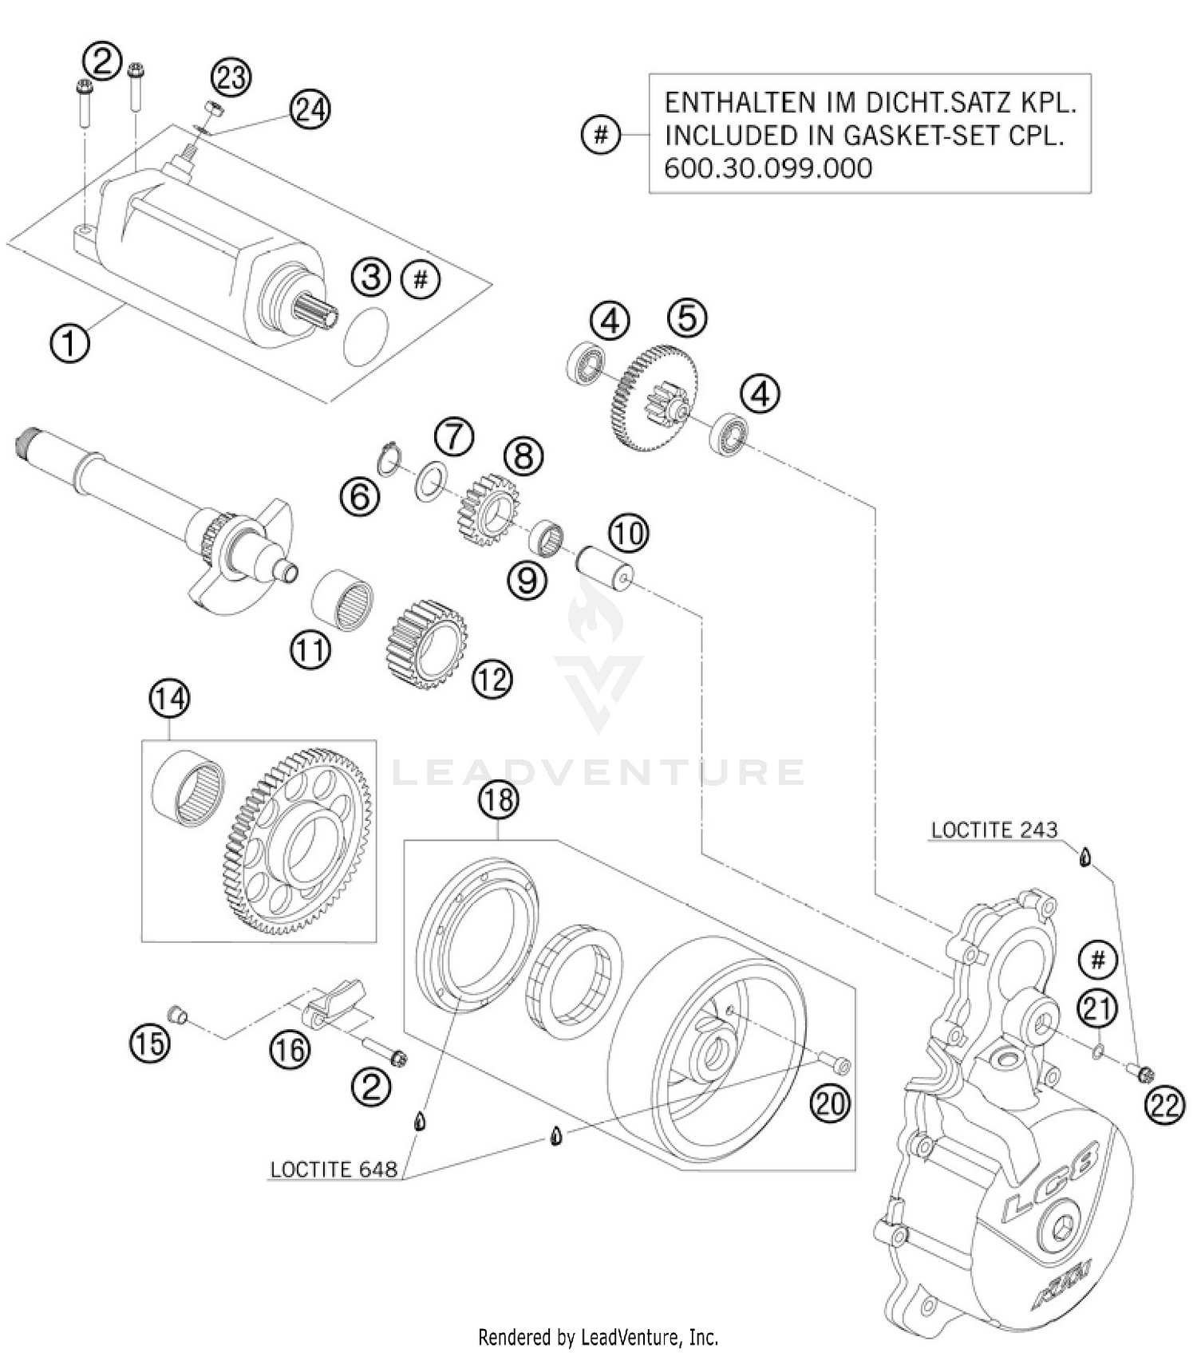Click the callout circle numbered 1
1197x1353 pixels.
point(70,344)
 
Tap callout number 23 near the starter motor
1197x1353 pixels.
point(231,77)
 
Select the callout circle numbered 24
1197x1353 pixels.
point(310,109)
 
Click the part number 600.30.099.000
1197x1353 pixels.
point(768,168)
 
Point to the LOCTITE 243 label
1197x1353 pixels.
point(994,830)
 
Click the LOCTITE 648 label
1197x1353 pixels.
point(333,1170)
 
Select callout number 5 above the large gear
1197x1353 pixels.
point(687,318)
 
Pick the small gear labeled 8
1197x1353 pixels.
point(489,510)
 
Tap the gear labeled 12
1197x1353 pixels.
point(426,643)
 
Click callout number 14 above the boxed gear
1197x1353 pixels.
point(169,699)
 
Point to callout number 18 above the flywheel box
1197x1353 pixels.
point(499,799)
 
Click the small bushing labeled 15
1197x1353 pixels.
point(176,1015)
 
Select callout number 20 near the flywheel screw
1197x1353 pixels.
point(830,1104)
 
